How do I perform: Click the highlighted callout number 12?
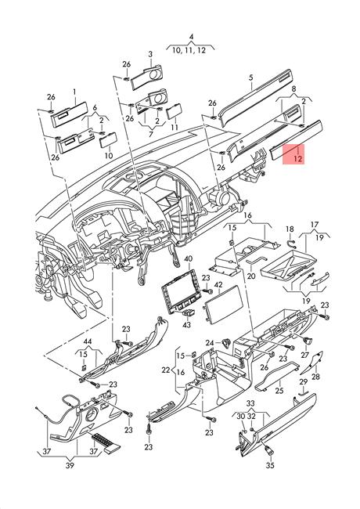pos(297,159)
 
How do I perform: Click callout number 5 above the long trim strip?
pos(251,78)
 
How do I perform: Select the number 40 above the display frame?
pos(188,258)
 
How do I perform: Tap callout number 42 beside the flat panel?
pos(218,285)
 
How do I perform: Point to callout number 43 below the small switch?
pos(186,324)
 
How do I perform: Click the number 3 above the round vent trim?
pos(150,54)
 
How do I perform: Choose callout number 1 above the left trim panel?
pos(74,92)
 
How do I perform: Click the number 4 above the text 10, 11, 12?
pos(192,37)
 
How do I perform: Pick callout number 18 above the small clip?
pos(290,229)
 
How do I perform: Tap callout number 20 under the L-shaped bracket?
pos(251,276)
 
